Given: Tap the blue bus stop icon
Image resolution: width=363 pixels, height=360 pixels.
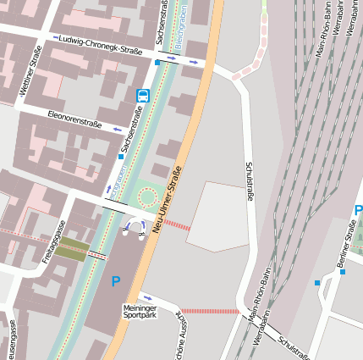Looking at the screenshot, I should tap(142, 96).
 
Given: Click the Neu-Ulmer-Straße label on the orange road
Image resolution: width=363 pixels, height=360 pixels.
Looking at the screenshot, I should tap(168, 201).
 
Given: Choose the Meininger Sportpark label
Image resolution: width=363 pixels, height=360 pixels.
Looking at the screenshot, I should tap(140, 311).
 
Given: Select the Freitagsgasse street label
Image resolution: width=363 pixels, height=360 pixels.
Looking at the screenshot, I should tap(54, 241).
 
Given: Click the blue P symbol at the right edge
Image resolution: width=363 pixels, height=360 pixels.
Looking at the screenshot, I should tap(358, 211).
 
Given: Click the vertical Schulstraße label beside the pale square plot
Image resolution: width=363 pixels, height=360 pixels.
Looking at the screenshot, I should tap(250, 181).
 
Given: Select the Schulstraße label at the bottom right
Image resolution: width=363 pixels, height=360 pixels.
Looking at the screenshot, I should tap(297, 346).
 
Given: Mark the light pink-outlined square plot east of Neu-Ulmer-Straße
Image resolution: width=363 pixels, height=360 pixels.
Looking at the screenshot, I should tap(217, 217).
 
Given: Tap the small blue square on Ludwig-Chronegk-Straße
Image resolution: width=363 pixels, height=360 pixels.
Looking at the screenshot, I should tap(157, 62).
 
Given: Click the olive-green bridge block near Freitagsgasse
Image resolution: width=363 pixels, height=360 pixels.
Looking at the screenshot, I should tap(73, 247).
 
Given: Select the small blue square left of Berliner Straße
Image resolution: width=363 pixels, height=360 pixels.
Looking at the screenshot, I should tap(317, 282).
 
